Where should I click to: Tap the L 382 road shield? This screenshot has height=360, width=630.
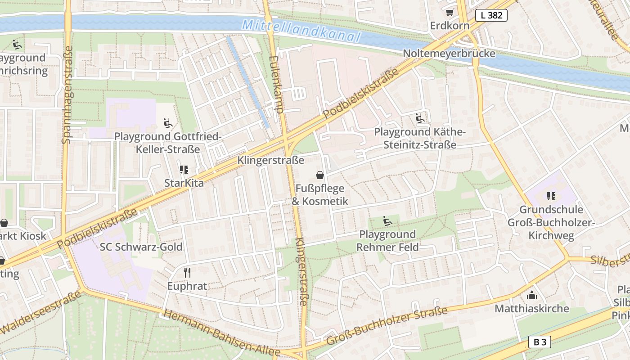pyautogui.click(x=491, y=15)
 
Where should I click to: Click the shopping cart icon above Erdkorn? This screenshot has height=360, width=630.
pyautogui.click(x=450, y=12)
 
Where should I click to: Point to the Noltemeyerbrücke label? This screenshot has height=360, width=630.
pyautogui.click(x=449, y=54)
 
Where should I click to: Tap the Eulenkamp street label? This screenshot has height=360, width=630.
pyautogui.click(x=275, y=84)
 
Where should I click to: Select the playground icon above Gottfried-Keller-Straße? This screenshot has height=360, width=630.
pyautogui.click(x=167, y=122)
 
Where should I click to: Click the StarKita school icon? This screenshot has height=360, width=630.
pyautogui.click(x=184, y=169)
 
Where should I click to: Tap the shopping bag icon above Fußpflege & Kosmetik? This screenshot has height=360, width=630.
pyautogui.click(x=319, y=175)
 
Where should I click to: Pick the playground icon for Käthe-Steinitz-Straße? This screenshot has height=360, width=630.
pyautogui.click(x=420, y=118)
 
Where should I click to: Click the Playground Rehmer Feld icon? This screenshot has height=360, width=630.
pyautogui.click(x=387, y=220)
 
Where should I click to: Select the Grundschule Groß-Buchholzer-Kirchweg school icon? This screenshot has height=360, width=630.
pyautogui.click(x=551, y=196)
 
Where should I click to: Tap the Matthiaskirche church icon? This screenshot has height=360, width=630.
pyautogui.click(x=532, y=295)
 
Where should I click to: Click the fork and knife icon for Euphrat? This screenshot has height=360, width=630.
pyautogui.click(x=187, y=272)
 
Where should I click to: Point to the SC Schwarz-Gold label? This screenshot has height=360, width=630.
pyautogui.click(x=141, y=247)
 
